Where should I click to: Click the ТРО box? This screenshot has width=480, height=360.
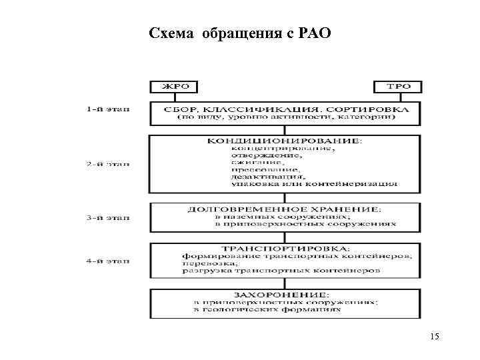point(399,86)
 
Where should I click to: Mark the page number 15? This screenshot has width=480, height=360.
point(435,337)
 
